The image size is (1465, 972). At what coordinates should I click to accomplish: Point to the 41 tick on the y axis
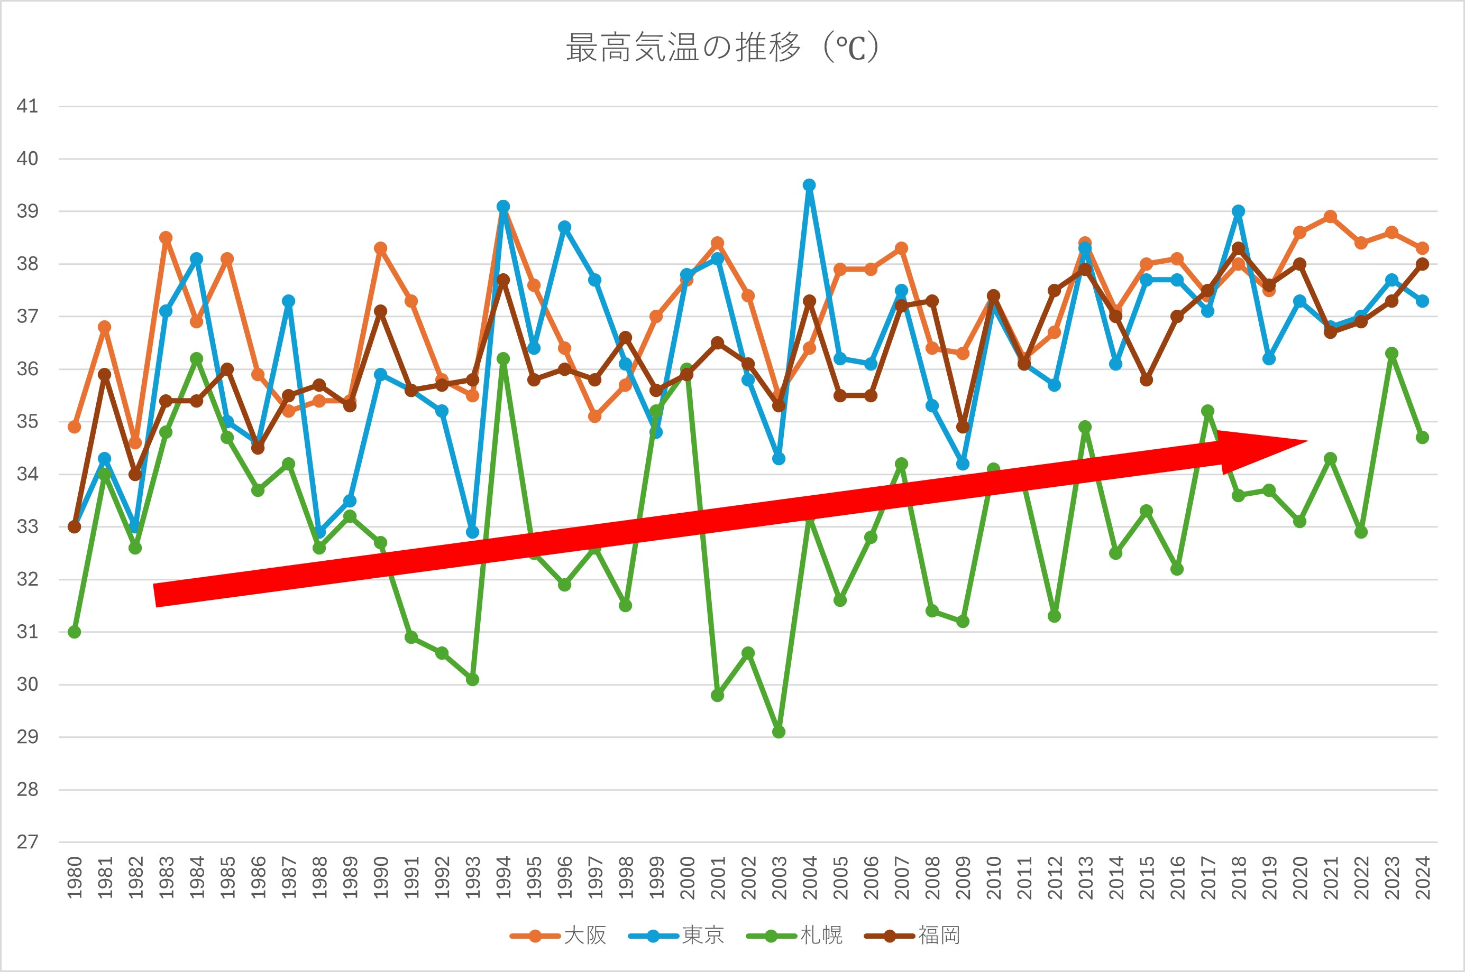28,106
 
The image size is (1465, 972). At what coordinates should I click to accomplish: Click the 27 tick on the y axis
28,842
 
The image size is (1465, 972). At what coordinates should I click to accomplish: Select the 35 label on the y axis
28,422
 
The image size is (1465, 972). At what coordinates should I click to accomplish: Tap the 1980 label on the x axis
75,877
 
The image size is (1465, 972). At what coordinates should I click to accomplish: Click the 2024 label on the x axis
1423,877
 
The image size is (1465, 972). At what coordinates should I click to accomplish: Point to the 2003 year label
779,877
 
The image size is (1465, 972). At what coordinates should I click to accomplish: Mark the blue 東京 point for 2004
809,186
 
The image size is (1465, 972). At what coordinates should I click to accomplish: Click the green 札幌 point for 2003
779,732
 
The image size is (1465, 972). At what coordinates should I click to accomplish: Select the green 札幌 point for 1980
75,632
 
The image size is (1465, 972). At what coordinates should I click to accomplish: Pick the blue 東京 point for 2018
1239,211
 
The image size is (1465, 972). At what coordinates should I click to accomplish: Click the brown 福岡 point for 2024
1423,264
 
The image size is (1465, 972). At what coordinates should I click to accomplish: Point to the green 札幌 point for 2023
1392,354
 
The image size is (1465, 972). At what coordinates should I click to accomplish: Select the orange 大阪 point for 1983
166,238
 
